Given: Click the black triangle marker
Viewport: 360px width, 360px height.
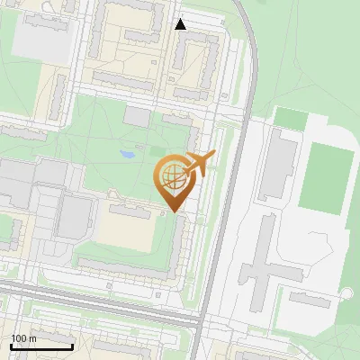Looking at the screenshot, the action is (x=181, y=24).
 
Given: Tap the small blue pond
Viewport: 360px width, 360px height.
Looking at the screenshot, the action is (x=128, y=155).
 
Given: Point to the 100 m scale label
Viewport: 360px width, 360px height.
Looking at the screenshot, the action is (x=23, y=338).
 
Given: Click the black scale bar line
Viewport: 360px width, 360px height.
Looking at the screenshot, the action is (x=41, y=346).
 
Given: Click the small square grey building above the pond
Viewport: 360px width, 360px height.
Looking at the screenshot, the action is (x=138, y=116).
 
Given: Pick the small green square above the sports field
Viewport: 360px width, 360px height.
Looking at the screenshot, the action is (x=290, y=118).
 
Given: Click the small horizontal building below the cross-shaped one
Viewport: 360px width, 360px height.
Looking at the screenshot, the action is (x=308, y=300).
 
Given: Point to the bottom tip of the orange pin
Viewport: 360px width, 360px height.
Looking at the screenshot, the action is (x=173, y=211).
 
